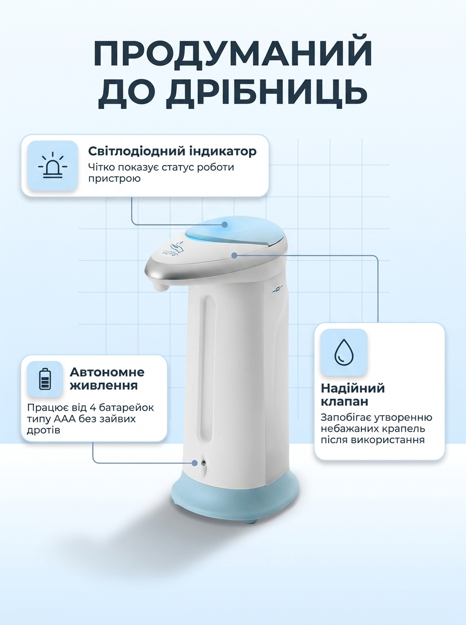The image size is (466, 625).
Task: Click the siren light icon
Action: pyautogui.click(x=53, y=166)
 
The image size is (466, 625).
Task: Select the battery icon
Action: pyautogui.click(x=45, y=379)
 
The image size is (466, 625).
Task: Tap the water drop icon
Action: pyautogui.click(x=344, y=352)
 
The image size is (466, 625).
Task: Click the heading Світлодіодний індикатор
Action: pyautogui.click(x=172, y=151)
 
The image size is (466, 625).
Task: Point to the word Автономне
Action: pyautogui.click(x=107, y=372)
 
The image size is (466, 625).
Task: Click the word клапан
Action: pyautogui.click(x=344, y=402)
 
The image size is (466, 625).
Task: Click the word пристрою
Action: pyautogui.click(x=114, y=179)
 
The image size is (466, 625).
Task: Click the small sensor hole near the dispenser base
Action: pyautogui.click(x=203, y=463)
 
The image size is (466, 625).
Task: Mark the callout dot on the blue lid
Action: pyautogui.click(x=225, y=224)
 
